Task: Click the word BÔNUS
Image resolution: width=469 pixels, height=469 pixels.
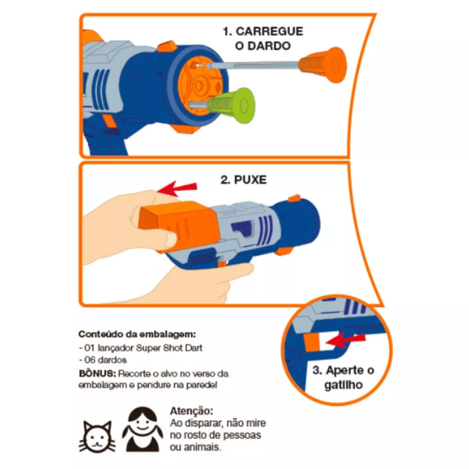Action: (x=96, y=375)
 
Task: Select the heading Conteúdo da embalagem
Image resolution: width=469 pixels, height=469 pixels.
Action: (x=136, y=334)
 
